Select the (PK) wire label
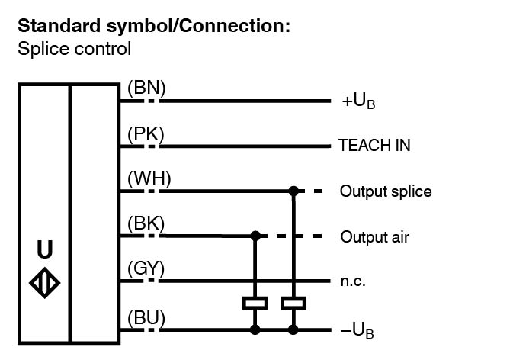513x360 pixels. pyautogui.click(x=146, y=133)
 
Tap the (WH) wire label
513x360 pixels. pyautogui.click(x=149, y=179)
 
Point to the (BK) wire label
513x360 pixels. pyautogui.click(x=146, y=224)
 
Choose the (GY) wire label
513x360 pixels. pyautogui.click(x=146, y=269)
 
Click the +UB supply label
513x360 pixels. pyautogui.click(x=358, y=101)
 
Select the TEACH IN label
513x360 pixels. pyautogui.click(x=374, y=146)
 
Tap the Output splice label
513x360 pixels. pyautogui.click(x=386, y=191)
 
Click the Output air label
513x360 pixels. pyautogui.click(x=374, y=237)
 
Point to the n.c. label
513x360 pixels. pyautogui.click(x=353, y=281)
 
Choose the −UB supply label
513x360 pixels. pyautogui.click(x=357, y=332)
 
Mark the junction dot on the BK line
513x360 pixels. pyautogui.click(x=255, y=236)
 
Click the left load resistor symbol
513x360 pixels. pyautogui.click(x=255, y=303)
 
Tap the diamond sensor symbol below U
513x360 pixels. pyautogui.click(x=45, y=281)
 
